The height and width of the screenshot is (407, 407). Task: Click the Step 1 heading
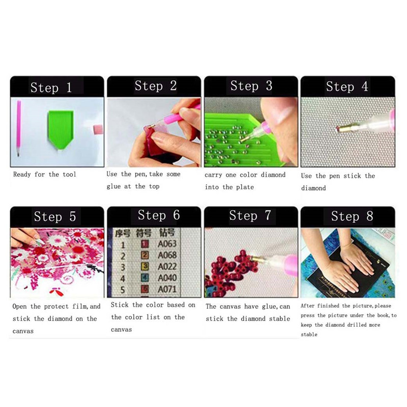(x=51, y=88)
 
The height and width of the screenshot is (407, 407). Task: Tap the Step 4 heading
(x=347, y=86)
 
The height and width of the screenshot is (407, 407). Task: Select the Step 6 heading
(x=159, y=215)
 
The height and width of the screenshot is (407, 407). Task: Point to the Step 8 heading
(x=352, y=216)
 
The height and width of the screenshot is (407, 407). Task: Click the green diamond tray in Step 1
(x=61, y=129)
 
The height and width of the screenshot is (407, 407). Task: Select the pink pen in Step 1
(x=18, y=128)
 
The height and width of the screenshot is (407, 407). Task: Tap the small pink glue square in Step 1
(x=98, y=130)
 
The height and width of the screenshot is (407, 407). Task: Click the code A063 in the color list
(x=167, y=244)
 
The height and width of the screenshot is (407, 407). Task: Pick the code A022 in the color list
(x=167, y=267)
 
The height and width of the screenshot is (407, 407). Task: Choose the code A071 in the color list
(x=167, y=289)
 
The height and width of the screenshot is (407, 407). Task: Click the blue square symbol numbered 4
(x=145, y=278)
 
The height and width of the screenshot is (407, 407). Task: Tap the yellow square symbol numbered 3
(x=145, y=266)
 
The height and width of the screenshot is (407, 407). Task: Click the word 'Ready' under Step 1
(x=22, y=175)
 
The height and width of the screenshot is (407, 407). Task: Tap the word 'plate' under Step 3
(x=245, y=187)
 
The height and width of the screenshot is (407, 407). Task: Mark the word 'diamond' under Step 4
(x=313, y=188)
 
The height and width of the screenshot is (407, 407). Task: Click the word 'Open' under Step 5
(x=19, y=307)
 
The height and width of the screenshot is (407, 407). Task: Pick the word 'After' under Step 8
(x=307, y=306)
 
